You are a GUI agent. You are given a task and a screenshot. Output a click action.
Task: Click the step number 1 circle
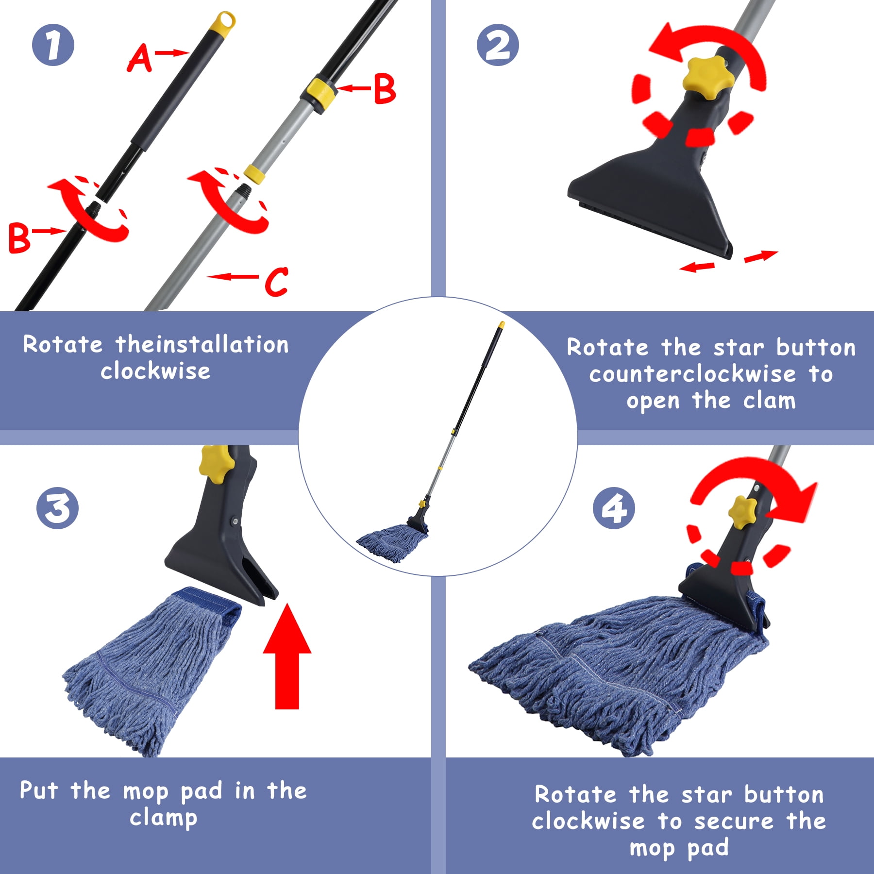coord(53,45)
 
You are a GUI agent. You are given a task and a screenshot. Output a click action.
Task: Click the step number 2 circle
coord(498,45)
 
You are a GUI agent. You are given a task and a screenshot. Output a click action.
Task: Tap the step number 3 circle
coord(57,508)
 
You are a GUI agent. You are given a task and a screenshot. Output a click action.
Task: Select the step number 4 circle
coord(614,508)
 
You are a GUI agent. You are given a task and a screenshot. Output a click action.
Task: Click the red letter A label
coord(139,58)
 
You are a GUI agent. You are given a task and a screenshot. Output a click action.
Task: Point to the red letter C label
coord(276,282)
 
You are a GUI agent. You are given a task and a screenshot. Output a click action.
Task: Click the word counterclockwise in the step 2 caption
coord(692,374)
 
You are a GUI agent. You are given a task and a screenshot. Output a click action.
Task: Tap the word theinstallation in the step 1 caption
coord(202,345)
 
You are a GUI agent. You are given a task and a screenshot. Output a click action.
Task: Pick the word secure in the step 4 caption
coord(733,821)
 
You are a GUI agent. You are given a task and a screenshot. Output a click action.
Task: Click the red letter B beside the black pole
coord(19,238)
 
